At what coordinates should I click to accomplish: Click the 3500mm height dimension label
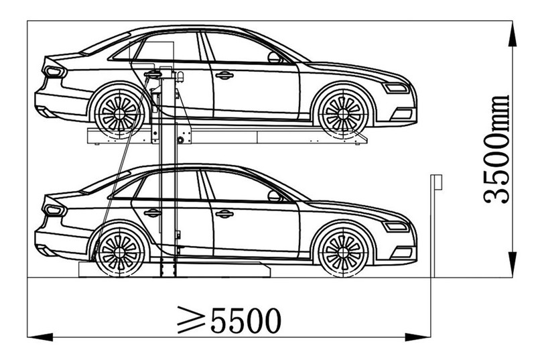coord(496,149)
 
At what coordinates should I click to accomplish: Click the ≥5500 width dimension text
coord(229,320)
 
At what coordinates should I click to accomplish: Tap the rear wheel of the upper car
coord(120,112)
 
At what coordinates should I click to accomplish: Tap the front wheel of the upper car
coord(343,112)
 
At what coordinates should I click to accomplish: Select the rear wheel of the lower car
coord(120,251)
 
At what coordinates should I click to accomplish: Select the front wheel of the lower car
coord(343,251)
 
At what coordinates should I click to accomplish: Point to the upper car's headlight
coord(396,88)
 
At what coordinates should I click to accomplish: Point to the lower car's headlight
coord(396,227)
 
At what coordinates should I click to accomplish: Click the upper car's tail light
coord(54,71)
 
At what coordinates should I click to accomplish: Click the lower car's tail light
coord(54,210)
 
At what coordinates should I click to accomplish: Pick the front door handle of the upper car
coord(224,75)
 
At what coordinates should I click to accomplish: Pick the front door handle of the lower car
coord(224,214)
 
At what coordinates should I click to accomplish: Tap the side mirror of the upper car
coord(275,58)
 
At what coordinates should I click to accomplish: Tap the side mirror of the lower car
coord(275,196)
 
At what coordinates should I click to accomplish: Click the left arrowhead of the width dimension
coord(40,339)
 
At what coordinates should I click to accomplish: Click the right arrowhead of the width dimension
coord(417,339)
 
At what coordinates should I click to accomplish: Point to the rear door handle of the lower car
coord(153,213)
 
